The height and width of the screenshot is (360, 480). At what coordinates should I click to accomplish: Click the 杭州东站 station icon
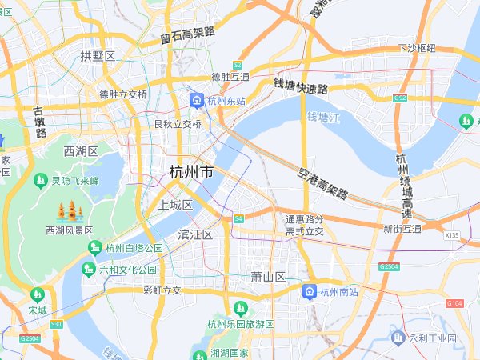click(196, 100)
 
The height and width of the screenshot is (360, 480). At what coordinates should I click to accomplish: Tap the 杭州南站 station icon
click(309, 292)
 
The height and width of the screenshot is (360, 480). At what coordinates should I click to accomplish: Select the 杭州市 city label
click(192, 172)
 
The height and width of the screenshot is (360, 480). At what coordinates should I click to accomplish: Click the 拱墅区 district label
click(98, 55)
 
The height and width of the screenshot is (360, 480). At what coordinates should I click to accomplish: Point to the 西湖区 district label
click(81, 151)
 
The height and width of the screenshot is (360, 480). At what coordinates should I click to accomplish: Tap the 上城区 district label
click(176, 206)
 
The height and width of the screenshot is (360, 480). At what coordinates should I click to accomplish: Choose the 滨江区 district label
click(195, 234)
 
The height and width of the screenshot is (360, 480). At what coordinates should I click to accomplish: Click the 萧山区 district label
click(268, 277)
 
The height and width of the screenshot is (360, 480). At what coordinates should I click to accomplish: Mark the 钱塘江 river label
click(323, 118)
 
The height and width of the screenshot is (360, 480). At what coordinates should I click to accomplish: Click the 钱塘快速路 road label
click(302, 85)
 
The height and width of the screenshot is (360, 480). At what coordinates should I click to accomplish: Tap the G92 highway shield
click(401, 98)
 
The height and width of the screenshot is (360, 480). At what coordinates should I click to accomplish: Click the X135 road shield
click(452, 235)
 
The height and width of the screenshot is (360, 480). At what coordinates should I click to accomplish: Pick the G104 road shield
click(455, 303)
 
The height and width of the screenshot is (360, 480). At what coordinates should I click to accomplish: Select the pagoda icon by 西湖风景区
click(69, 212)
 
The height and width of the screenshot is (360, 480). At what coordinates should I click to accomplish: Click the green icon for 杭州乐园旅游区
click(239, 308)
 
